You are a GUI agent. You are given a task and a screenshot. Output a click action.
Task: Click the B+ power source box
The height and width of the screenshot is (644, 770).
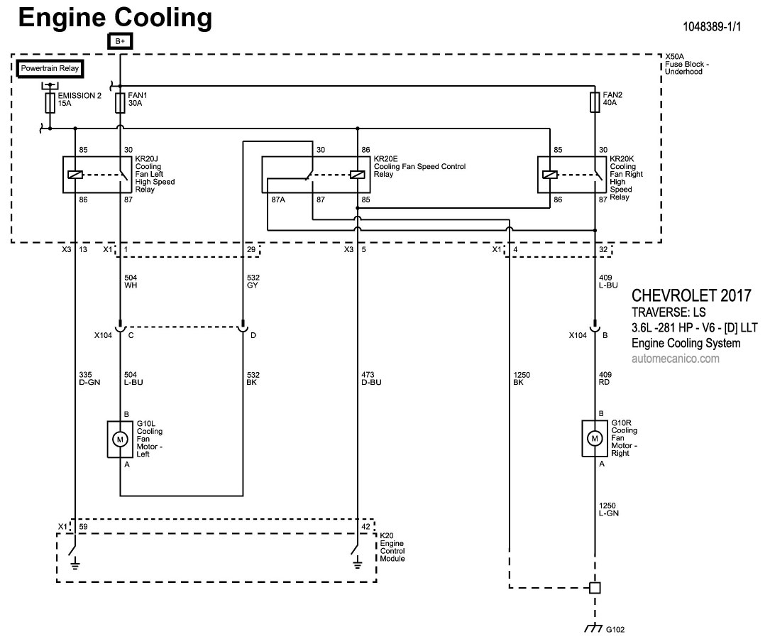[x=120, y=42]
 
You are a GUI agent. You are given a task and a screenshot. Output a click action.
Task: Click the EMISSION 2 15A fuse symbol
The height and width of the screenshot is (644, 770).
[x=50, y=103]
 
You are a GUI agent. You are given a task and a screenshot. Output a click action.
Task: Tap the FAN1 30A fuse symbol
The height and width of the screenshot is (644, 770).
[x=120, y=103]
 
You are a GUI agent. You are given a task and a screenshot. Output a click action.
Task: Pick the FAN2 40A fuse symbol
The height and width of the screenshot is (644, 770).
[x=595, y=103]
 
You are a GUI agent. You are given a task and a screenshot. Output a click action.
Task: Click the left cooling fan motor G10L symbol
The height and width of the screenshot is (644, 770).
[x=120, y=440]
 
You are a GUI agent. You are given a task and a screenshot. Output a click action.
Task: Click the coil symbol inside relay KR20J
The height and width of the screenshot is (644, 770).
[x=74, y=175]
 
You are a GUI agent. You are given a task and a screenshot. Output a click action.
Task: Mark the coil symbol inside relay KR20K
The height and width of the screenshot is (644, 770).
[x=549, y=175]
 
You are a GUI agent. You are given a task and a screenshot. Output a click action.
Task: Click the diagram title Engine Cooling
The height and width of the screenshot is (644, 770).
[x=115, y=18]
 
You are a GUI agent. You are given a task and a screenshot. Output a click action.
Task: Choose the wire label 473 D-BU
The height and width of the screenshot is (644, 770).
[x=371, y=378]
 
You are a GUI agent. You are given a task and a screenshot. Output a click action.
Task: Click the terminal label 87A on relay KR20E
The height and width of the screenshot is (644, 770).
[x=277, y=201]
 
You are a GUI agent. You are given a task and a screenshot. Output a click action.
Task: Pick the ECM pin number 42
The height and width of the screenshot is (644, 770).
[x=365, y=527]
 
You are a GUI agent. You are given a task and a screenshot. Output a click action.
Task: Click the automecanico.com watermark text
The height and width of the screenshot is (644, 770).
[x=675, y=359]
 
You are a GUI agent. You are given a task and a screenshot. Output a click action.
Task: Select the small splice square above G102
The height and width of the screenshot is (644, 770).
[x=595, y=588]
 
